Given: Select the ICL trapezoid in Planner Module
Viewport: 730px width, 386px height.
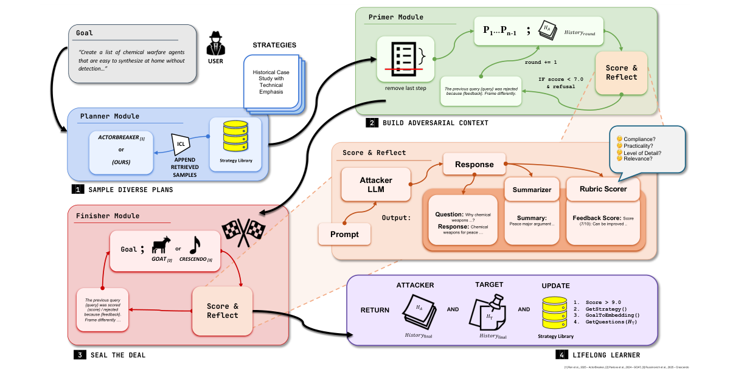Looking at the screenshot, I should click(x=181, y=144).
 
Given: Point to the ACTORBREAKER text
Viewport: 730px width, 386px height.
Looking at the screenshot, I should click(x=117, y=139).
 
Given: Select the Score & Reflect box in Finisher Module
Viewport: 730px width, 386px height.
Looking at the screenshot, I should click(x=222, y=311).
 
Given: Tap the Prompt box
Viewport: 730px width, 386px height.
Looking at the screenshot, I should click(x=344, y=234).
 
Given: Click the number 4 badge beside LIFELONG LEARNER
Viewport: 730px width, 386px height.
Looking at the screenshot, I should click(x=560, y=354).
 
